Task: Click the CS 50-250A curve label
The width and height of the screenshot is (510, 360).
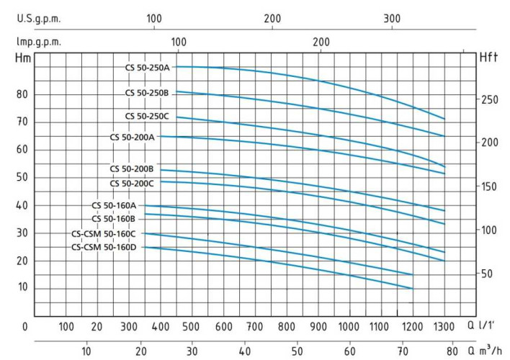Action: coord(146,68)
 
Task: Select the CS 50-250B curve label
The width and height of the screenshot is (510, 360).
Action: coord(146,93)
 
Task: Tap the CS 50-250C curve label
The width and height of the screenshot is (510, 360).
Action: coord(146,116)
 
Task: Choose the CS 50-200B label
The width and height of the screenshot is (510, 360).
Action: coord(132,169)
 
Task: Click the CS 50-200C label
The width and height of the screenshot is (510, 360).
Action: coord(132,184)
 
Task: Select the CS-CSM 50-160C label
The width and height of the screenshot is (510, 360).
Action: coord(104,233)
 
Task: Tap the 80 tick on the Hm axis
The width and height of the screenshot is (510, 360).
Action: coord(22,94)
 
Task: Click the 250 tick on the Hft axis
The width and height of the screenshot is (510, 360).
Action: coord(490,99)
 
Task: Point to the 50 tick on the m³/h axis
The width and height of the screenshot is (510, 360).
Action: coord(297,351)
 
